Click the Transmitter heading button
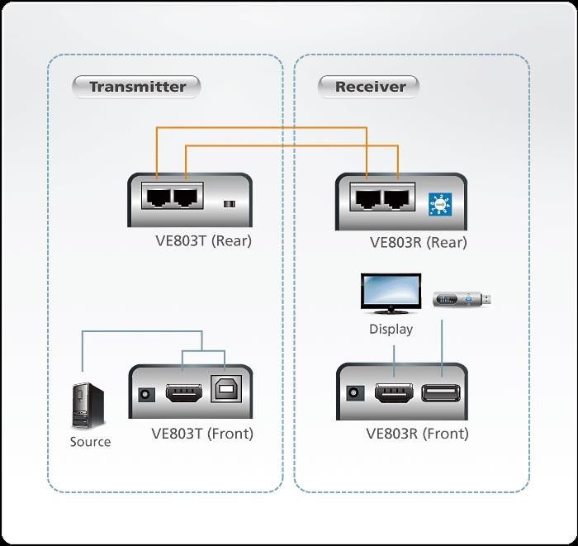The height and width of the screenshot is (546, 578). coord(137,87)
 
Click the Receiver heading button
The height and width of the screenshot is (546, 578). coord(369,87)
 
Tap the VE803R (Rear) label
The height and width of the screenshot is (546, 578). coord(418,243)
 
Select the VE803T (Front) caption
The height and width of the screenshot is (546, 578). coord(202,434)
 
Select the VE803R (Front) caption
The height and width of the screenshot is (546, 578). coord(417,434)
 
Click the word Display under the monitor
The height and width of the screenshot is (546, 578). coord(391,330)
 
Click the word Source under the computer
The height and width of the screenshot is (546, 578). coord(90,442)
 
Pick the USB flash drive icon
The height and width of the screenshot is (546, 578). coord(463,298)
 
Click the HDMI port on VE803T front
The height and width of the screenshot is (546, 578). coord(183,393)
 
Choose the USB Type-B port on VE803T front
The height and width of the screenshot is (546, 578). coord(223,392)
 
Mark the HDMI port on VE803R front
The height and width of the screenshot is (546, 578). coord(395,394)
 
